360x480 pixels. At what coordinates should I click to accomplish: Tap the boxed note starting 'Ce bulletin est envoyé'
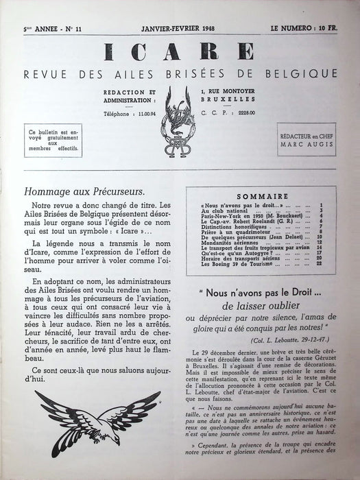pyautogui.click(x=51, y=139)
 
